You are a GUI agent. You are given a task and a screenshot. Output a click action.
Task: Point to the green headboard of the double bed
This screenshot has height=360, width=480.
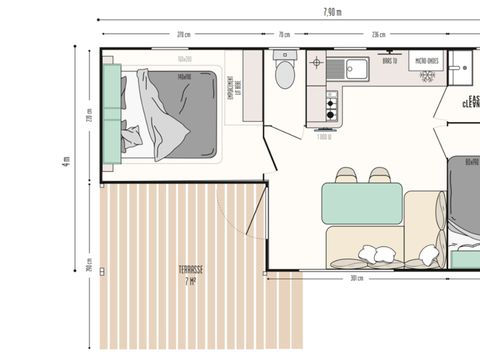[x=111, y=111]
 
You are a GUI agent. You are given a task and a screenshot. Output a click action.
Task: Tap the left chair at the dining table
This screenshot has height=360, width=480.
[x=347, y=176]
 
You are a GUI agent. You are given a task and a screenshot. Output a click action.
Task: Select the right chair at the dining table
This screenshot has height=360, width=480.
[x=379, y=176]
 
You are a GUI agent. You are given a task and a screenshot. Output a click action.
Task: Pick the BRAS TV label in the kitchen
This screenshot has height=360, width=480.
[x=389, y=59]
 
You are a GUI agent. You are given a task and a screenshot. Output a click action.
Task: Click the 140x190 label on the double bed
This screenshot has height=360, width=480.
[x=183, y=76]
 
